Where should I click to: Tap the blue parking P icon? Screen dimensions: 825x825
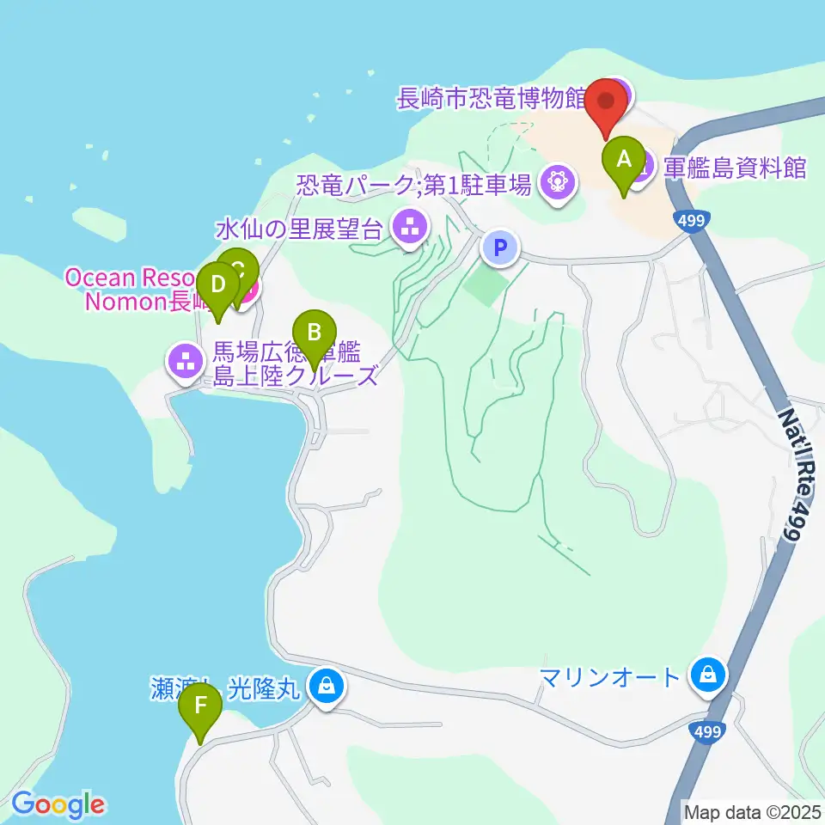[x=500, y=248]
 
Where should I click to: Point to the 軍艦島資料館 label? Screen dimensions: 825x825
[x=735, y=167]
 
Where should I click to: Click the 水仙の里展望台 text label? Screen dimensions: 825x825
[x=298, y=229]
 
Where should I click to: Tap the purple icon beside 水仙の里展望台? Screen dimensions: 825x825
[x=408, y=228]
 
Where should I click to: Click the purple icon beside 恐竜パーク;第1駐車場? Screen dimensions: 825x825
[x=558, y=182]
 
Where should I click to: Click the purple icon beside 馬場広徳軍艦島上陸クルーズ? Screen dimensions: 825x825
[x=185, y=360]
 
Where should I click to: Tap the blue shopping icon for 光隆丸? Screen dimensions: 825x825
[x=327, y=686]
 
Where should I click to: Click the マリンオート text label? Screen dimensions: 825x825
[x=610, y=677]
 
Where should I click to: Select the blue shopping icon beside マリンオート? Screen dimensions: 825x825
[x=708, y=675]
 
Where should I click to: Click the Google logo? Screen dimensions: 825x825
[x=58, y=804]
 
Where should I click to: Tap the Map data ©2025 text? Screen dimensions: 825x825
[x=751, y=810]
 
